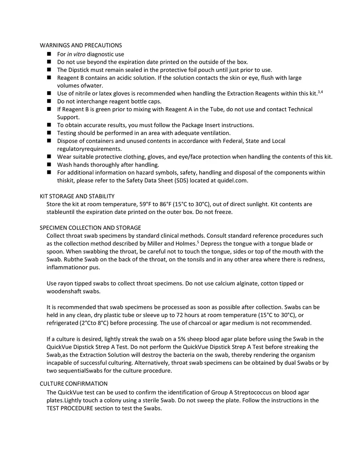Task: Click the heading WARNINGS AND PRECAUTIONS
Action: tap(81, 45)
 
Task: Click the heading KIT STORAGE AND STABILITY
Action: tap(77, 196)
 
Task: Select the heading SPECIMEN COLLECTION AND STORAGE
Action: tap(90, 228)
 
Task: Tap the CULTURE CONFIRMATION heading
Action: tap(74, 384)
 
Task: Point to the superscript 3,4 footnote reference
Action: tap(320, 92)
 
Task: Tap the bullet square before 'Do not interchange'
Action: tap(49, 101)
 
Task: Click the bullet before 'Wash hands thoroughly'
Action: tap(49, 165)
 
